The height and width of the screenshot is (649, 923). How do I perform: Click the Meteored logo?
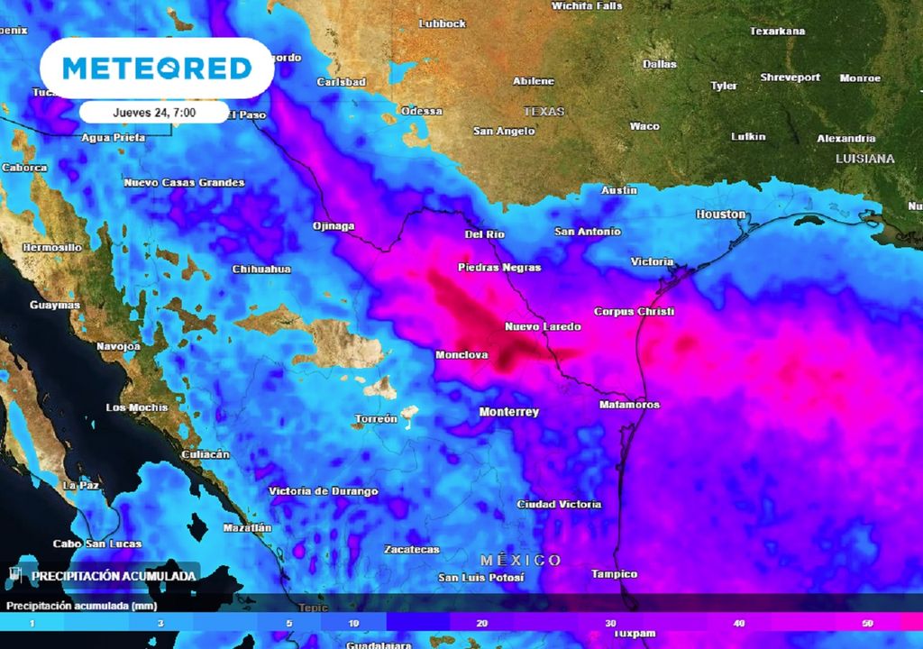(x=157, y=69)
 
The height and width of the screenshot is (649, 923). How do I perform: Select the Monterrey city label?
(x=508, y=412)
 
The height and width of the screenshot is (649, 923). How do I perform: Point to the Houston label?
(x=721, y=215)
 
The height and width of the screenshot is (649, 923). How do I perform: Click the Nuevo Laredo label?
(x=543, y=326)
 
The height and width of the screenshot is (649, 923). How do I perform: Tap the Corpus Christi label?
(x=633, y=311)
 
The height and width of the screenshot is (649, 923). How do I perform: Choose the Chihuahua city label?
(x=261, y=269)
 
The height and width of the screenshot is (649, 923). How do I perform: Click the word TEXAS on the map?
(x=544, y=112)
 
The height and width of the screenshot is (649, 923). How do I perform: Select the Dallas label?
(x=659, y=64)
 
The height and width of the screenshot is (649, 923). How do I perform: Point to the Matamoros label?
(x=629, y=405)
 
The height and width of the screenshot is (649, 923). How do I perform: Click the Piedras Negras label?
(x=499, y=268)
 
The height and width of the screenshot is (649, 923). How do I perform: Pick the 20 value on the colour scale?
(x=483, y=624)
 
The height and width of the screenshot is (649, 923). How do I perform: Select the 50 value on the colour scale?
(x=867, y=624)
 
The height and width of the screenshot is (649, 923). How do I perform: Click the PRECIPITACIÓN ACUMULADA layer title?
(x=114, y=575)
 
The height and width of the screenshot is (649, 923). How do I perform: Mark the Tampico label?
(x=614, y=574)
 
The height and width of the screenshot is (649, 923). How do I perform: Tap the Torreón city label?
(x=376, y=419)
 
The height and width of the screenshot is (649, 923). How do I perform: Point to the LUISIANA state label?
(x=864, y=159)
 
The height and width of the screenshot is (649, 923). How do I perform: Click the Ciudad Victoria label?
(x=559, y=504)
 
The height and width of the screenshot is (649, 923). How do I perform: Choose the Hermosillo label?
(x=51, y=247)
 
